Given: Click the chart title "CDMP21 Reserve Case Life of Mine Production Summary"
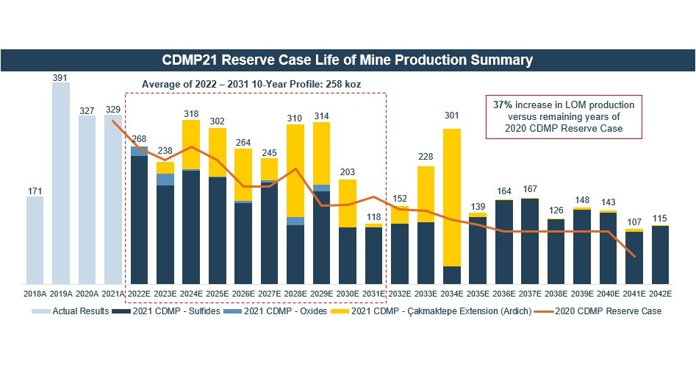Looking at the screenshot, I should pos(347,60).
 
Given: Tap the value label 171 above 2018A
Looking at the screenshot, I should pos(35,191).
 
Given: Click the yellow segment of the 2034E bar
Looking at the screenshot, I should pos(453,197).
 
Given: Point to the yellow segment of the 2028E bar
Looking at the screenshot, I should pos(295,171).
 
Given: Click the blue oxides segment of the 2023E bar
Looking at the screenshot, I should pos(165,179).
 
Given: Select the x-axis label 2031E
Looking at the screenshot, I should pos(374,294).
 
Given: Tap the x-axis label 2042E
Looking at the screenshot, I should pos(660,294).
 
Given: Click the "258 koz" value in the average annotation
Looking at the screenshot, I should pos(342,85).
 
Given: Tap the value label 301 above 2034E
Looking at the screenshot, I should pos(453,115).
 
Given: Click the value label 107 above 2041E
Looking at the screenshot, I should pos(634,222).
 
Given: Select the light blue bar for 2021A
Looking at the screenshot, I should pos(113,199).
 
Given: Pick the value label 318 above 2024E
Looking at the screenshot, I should pos(191,113).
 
